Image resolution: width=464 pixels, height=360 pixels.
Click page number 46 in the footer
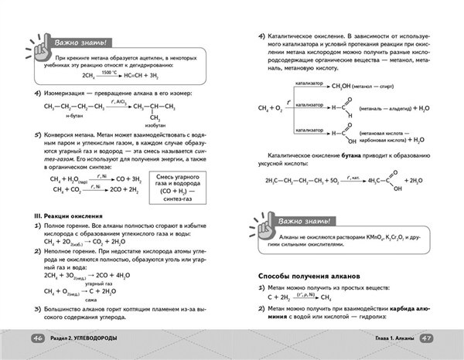36,338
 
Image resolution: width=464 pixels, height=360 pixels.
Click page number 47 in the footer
428,338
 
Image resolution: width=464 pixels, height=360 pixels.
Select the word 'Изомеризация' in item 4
68,93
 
